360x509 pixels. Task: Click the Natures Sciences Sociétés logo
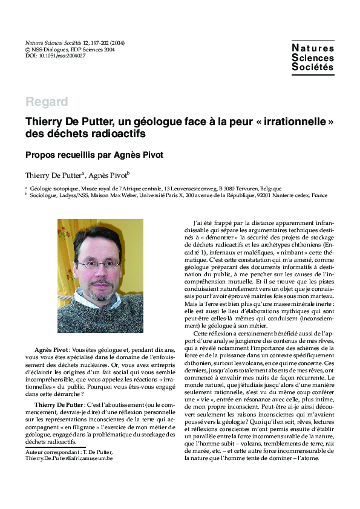point(312,57)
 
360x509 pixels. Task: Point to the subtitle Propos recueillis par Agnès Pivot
point(94,155)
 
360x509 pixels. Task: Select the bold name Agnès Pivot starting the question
point(51,350)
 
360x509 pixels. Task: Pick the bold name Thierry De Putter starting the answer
point(59,404)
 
